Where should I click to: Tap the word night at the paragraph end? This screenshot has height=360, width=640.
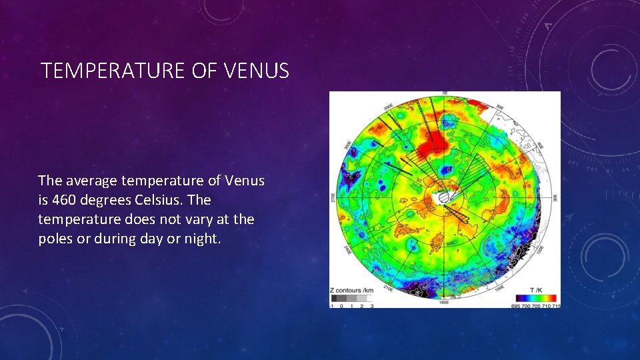200,239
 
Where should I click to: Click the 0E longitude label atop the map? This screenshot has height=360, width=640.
445,93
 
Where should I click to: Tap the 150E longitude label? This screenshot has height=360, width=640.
500,289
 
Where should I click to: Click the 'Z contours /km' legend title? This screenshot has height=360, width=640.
351,291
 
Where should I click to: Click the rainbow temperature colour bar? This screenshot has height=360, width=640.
537,298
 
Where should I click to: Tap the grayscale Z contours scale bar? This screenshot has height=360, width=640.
351,299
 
